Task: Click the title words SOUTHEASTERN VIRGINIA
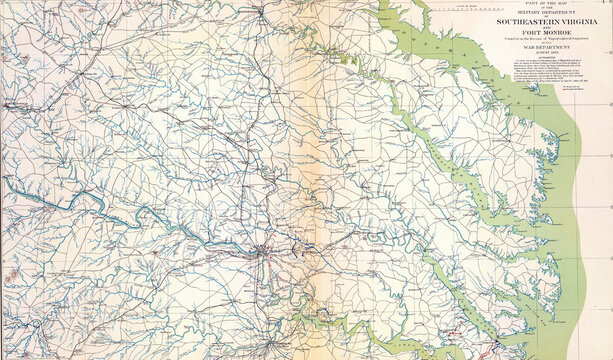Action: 542,22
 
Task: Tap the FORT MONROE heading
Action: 542,33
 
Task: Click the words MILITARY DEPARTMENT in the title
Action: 542,14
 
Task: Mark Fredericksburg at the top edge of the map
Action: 263,12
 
